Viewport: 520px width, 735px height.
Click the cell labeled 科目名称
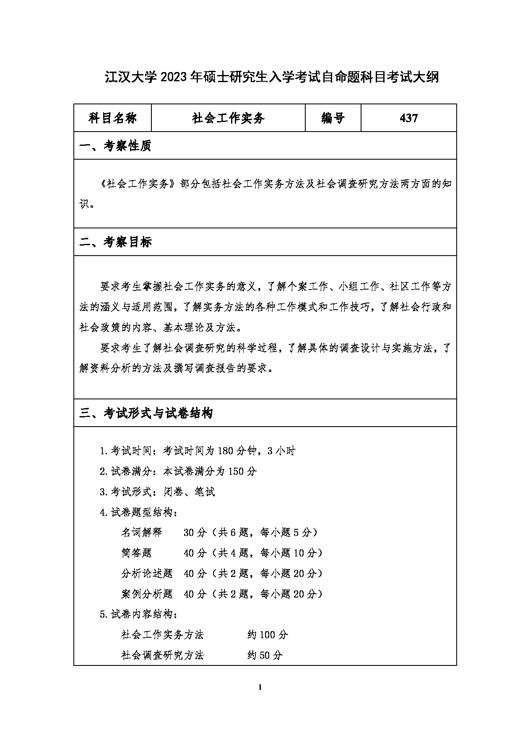point(112,118)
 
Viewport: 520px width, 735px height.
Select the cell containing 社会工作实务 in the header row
point(228,118)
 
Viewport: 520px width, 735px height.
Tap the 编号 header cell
point(333,118)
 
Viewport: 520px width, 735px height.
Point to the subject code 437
point(408,118)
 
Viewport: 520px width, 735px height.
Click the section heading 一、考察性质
point(115,146)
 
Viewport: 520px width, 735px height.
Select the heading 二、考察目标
point(115,242)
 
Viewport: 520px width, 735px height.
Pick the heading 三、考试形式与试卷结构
point(146,414)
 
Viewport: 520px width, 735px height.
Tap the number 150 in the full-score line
point(237,471)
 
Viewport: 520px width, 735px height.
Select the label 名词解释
point(141,533)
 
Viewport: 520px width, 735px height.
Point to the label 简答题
point(136,553)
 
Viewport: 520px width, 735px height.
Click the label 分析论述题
point(147,574)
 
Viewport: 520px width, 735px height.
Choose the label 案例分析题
point(147,594)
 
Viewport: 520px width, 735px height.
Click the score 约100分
point(268,635)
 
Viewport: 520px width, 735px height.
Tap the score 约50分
point(265,655)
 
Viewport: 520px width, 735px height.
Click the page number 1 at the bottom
point(260,687)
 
